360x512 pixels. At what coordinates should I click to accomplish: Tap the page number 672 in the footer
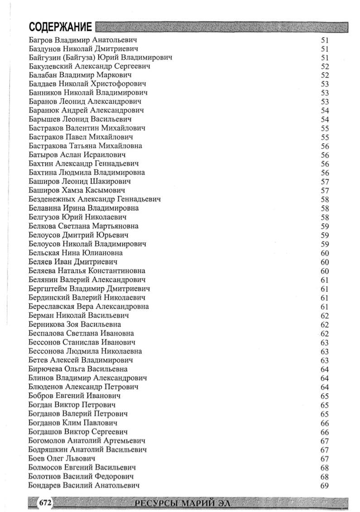coord(46,502)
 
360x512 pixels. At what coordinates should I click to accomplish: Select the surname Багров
coord(42,39)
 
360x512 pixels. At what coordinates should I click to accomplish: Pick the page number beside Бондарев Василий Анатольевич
coord(324,485)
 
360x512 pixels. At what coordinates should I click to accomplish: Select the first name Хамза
coord(73,190)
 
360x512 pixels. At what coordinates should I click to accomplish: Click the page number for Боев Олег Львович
coord(324,459)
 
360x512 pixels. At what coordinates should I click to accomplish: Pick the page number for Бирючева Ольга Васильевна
coord(324,369)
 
